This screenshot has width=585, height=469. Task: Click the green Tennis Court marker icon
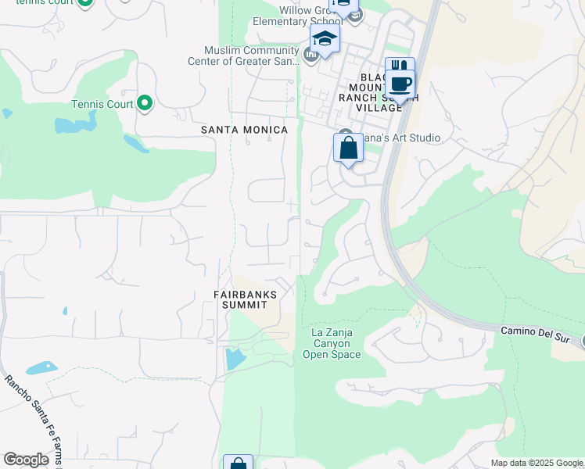144,103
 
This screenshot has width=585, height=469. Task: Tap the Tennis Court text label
102,104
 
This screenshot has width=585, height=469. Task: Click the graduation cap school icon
325,39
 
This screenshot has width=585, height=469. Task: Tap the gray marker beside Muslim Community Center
311,54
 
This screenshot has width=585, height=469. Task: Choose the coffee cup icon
400,84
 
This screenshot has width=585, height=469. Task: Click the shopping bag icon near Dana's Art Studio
348,148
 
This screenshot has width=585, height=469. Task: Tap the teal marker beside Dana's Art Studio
345,134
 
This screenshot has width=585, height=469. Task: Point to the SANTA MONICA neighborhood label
244,129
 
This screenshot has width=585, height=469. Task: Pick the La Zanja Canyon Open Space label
332,343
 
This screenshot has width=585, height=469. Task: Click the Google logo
26,460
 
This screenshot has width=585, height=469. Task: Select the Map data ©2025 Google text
537,463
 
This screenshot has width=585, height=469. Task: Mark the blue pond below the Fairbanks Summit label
234,359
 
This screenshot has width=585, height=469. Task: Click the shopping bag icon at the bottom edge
238,463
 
